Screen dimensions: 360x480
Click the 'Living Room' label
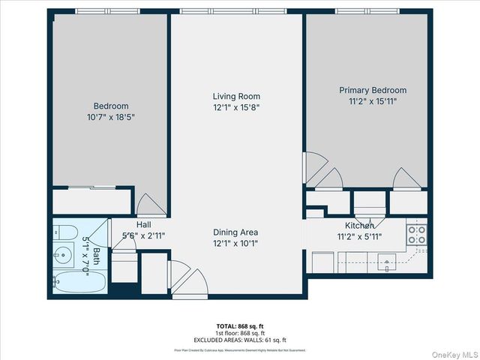coord(236,96)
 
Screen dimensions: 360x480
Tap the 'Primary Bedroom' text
coord(373,90)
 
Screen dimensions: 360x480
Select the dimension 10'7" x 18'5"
coord(110,117)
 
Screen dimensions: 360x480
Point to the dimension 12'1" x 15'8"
coord(236,107)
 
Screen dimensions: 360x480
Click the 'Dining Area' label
coord(236,232)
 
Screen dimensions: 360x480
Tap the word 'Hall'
coord(144,224)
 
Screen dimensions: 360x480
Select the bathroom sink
coord(64,253)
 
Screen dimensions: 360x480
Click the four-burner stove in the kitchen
coord(416,234)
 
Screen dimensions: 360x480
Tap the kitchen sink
coord(388,262)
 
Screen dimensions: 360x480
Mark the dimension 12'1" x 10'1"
coord(236,243)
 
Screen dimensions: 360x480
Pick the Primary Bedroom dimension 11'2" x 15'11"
coord(373,100)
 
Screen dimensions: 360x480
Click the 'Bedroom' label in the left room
coord(110,106)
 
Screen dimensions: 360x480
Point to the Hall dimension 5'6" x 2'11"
coord(144,235)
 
